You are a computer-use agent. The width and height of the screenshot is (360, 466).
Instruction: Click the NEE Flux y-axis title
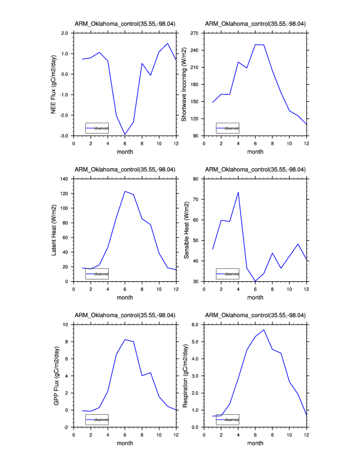pyautogui.click(x=54, y=84)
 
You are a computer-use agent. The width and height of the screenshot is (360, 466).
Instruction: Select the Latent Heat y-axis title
pyautogui.click(x=54, y=229)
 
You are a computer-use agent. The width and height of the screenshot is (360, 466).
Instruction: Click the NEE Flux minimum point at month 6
pyautogui.click(x=125, y=135)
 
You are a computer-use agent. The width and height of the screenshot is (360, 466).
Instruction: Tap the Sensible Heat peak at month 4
pyautogui.click(x=238, y=192)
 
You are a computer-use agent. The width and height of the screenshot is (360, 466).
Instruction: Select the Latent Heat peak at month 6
pyautogui.click(x=125, y=191)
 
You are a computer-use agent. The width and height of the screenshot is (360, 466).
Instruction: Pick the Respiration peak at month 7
pyautogui.click(x=264, y=329)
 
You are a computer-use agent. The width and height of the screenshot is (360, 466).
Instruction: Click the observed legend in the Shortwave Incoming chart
pyautogui.click(x=228, y=128)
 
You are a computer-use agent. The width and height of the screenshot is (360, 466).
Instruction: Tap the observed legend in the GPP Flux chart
pyautogui.click(x=97, y=420)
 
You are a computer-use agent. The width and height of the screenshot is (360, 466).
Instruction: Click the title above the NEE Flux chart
pyautogui.click(x=125, y=24)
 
